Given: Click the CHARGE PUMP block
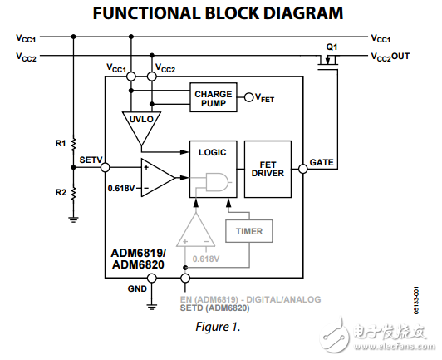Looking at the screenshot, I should pos(213,97).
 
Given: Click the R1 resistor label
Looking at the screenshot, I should pos(60,143).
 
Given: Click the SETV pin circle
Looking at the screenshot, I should pos(105,168).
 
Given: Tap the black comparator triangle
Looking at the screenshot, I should pos(155,176).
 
